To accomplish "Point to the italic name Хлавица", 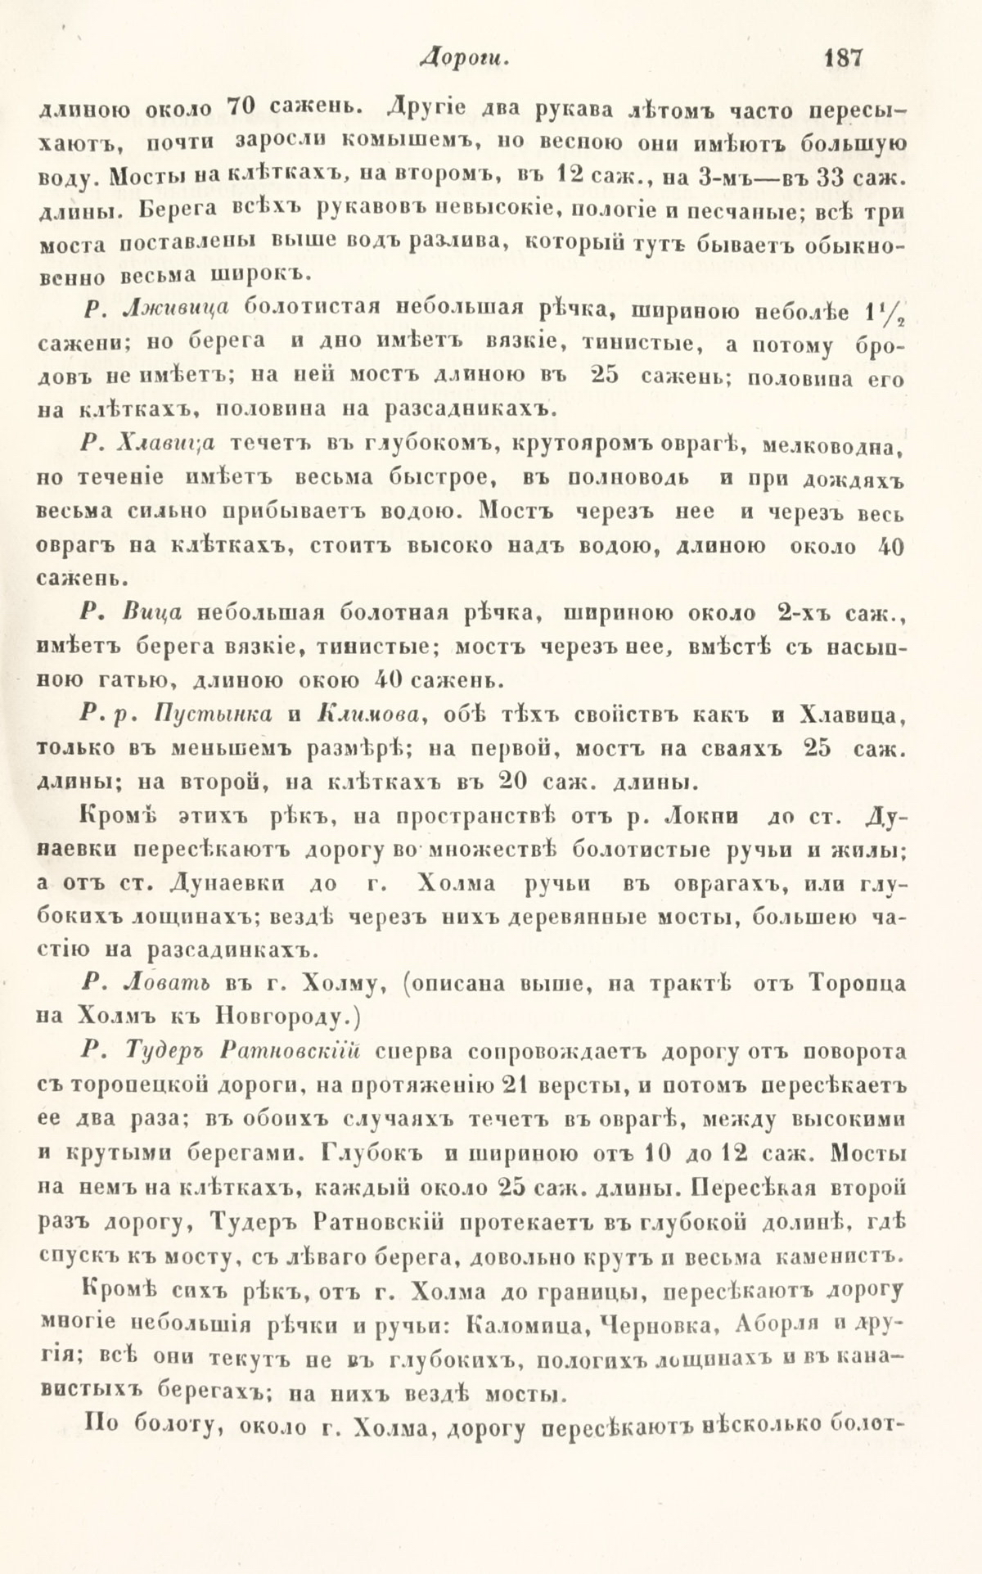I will [166, 443].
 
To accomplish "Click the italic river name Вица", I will [153, 612].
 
